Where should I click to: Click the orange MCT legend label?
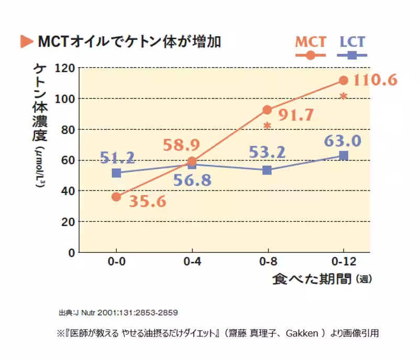pos(311,42)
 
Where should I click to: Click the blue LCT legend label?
pos(352,42)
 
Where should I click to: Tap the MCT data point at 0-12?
pos(344,80)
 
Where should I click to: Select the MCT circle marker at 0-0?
pos(116,197)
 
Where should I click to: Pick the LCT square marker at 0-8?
pos(267,170)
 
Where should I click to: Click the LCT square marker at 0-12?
pos(344,155)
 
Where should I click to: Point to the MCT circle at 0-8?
pos(267,110)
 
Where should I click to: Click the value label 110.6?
pos(375,81)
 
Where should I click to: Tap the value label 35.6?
pos(145,202)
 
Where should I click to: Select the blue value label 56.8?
pos(192,181)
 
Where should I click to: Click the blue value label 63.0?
pos(342,141)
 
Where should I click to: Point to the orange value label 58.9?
pos(183,145)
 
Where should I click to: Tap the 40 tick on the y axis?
pos(68,191)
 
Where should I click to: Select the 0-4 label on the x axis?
pos(192,262)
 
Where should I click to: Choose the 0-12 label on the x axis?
pos(342,262)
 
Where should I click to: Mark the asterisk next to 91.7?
pos(267,126)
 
